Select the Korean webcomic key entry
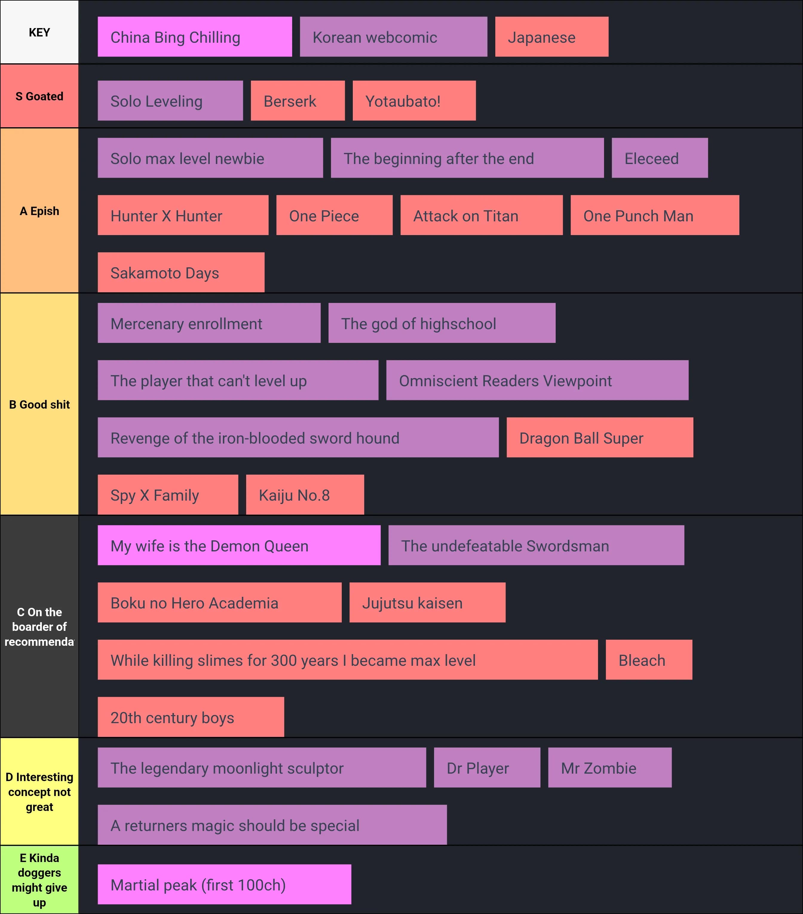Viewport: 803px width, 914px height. [x=393, y=37]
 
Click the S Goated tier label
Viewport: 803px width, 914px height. [x=39, y=96]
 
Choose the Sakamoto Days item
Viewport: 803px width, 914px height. [x=181, y=272]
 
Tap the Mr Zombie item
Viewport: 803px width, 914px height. [x=609, y=768]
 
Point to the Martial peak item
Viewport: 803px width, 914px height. [x=224, y=884]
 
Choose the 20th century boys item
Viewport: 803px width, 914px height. [x=191, y=717]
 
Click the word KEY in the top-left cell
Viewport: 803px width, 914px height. [x=39, y=32]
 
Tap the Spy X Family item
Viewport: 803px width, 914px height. [x=168, y=495]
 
